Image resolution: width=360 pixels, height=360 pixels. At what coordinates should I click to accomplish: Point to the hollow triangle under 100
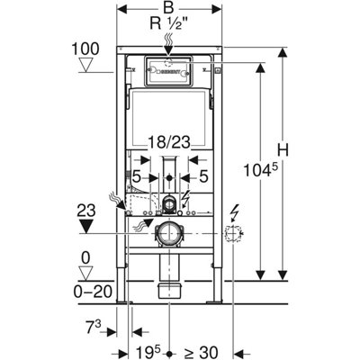[85, 64]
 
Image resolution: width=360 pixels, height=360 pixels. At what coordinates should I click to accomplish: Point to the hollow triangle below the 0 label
[86, 272]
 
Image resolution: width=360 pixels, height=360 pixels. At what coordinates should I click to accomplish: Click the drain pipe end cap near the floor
[167, 291]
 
